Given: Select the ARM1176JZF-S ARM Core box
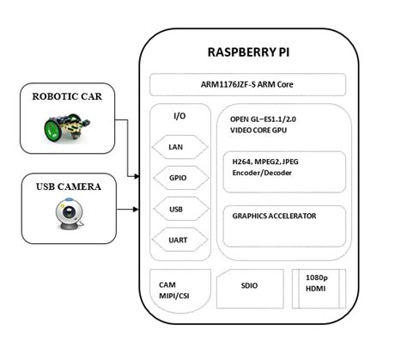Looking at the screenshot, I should coord(247,85).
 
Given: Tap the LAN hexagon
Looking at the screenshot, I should coord(175,147).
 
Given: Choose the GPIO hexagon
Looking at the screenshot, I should coord(175,178).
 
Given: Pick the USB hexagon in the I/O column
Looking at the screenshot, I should coord(175,209).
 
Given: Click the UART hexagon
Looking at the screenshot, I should coord(175,240).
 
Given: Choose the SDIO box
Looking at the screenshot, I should coord(249,285).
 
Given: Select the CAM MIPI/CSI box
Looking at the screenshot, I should coord(177,290).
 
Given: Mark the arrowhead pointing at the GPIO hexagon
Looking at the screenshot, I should coord(137,178).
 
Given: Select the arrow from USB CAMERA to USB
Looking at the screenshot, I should coord(125,209).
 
